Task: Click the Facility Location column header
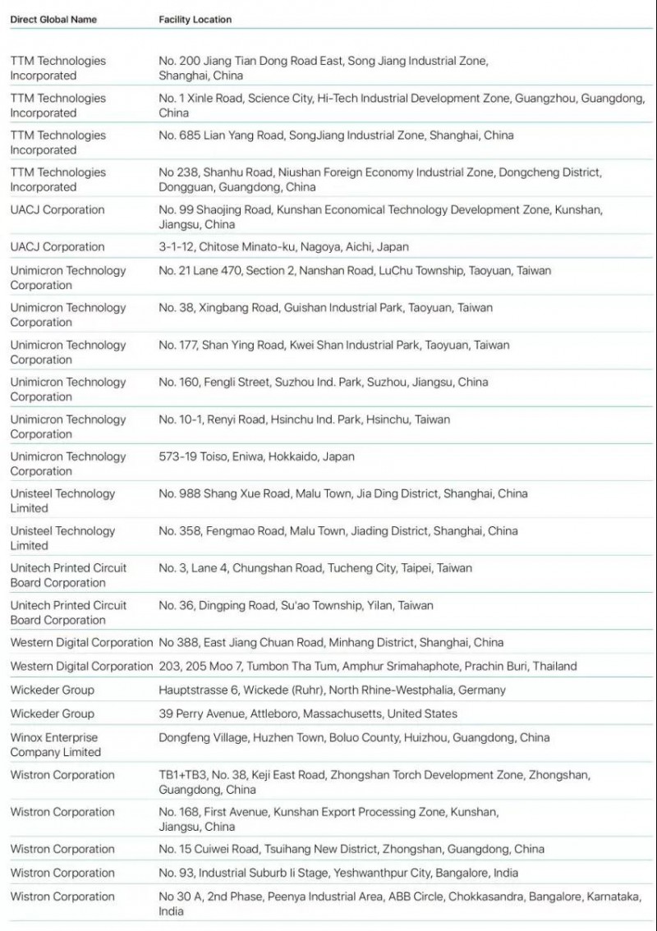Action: point(195,19)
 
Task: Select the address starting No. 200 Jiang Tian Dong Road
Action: point(323,67)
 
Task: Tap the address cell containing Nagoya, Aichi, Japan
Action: point(283,246)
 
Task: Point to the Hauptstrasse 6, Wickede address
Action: point(332,690)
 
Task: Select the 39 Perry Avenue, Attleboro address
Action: point(308,713)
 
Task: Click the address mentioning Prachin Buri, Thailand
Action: point(368,666)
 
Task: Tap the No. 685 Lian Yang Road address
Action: point(336,135)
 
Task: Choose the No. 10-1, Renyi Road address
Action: point(304,420)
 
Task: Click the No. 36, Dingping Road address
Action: point(296,605)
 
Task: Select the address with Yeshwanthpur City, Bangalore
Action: point(338,873)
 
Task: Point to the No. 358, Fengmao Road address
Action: point(338,531)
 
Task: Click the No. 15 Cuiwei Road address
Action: point(351,849)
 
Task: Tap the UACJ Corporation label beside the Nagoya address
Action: point(57,246)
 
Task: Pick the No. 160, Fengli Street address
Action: point(323,382)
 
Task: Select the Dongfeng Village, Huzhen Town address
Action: point(354,737)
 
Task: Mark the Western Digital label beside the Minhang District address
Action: point(81,642)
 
